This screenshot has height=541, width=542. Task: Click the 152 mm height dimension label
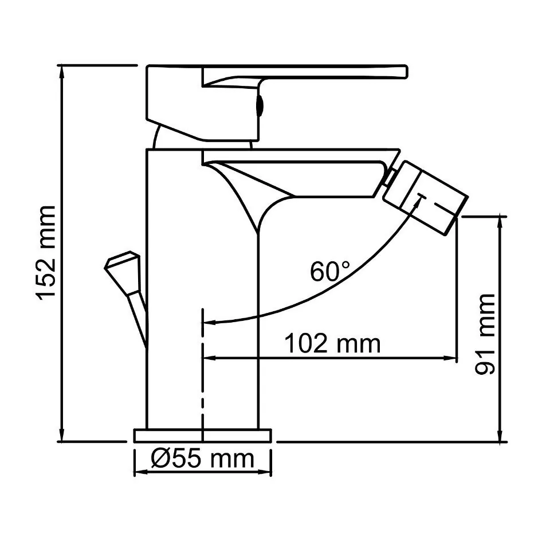45,252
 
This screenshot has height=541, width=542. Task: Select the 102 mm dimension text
332,344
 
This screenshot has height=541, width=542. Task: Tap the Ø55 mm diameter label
202,458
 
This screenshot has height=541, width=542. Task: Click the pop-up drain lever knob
121,264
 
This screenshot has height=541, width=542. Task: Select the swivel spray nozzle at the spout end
426,198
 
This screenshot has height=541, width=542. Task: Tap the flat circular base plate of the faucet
202,436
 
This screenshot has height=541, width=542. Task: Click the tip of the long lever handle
403,72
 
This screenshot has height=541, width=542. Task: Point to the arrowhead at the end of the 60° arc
210,323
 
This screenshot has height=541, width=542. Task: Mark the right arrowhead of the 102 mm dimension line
451,358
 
